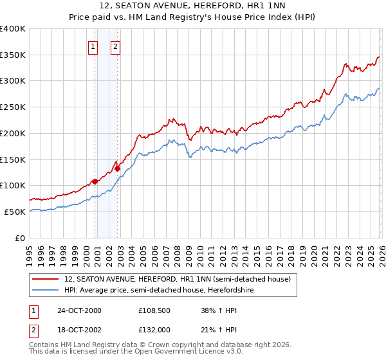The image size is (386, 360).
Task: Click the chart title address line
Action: pos(192,6)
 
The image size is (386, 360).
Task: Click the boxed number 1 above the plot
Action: pos(93,46)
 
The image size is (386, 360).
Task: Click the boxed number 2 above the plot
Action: pos(115,46)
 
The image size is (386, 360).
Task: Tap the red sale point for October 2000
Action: pos(95,181)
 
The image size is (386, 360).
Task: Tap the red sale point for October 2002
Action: pos(118,169)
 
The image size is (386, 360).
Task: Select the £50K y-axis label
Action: pos(15,212)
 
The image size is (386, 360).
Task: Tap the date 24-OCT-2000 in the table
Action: pos(78,310)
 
